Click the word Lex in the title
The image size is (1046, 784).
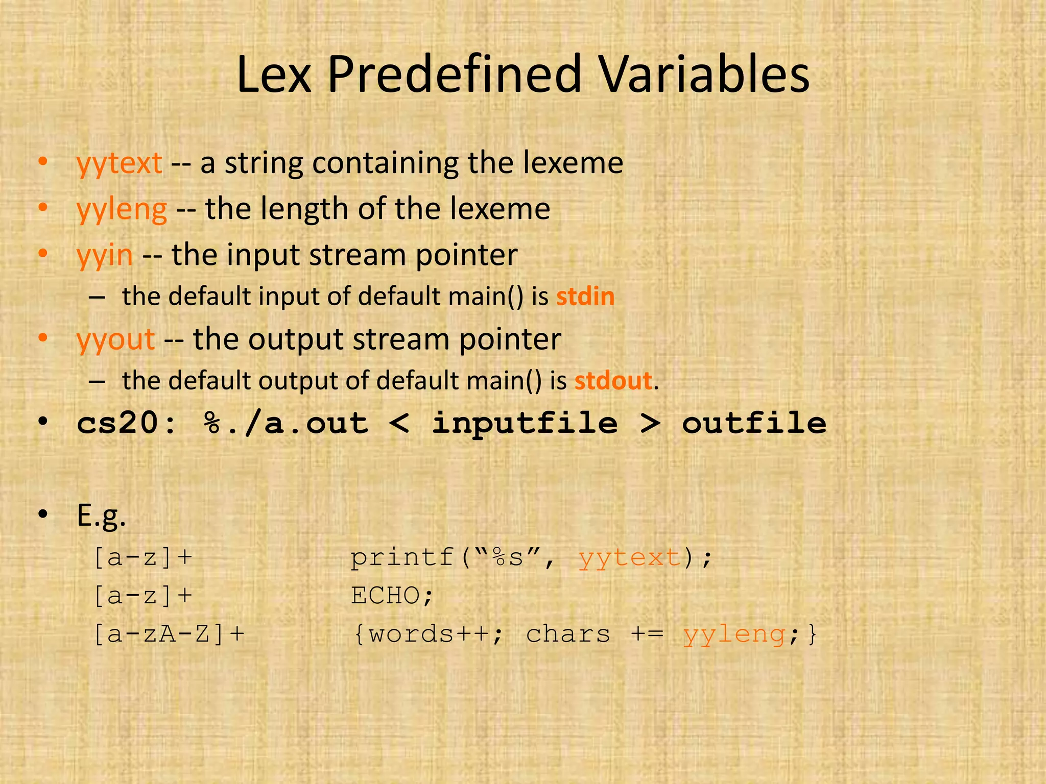(274, 75)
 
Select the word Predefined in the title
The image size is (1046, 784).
(455, 75)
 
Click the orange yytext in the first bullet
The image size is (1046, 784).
(119, 164)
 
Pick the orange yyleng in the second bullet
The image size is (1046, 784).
(122, 210)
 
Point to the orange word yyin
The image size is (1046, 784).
(105, 255)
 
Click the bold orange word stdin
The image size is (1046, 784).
(585, 297)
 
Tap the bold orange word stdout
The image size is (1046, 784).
(613, 381)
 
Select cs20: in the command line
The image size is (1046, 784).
(126, 424)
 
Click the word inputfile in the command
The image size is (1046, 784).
(525, 424)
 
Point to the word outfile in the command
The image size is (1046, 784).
(754, 424)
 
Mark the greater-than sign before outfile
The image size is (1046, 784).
(650, 424)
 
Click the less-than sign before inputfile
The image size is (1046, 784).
(399, 424)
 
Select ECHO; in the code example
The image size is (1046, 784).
(392, 596)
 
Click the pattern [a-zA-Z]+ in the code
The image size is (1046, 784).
(169, 634)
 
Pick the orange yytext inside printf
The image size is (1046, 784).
(630, 558)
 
